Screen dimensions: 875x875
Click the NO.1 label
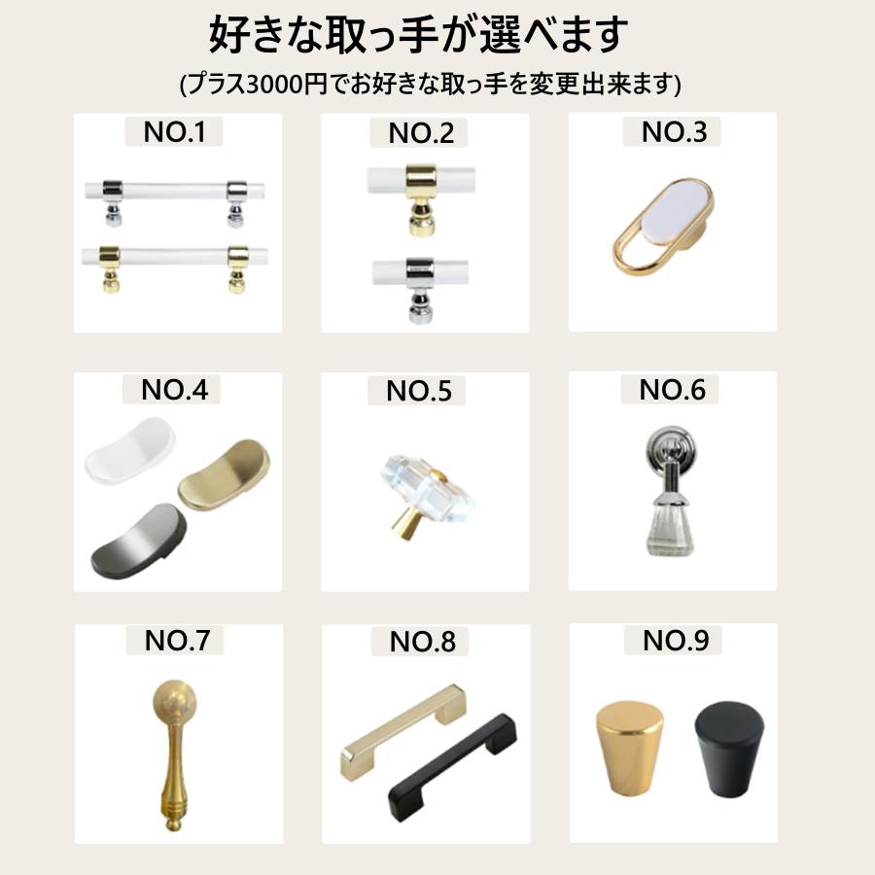(x=174, y=132)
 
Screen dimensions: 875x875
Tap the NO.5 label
(x=419, y=391)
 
